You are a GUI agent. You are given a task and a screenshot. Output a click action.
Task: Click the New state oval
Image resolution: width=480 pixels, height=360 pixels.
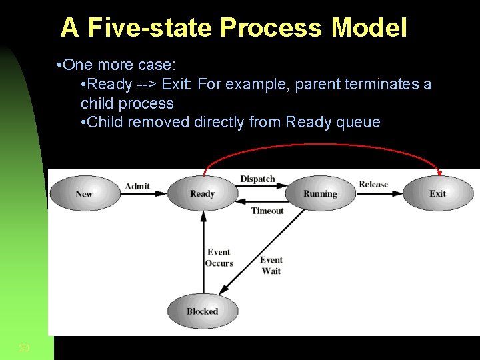[85, 193]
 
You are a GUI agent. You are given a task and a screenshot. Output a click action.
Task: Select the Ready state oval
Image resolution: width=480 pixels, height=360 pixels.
[202, 193]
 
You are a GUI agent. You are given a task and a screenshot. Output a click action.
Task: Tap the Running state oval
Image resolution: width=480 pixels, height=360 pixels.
[320, 193]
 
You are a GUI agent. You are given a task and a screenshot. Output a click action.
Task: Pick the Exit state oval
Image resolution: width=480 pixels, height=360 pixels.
[438, 193]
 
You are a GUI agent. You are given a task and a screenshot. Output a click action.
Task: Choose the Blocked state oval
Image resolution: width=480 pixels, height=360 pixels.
[202, 311]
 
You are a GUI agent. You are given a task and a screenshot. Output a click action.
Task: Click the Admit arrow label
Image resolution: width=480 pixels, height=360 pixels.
[137, 186]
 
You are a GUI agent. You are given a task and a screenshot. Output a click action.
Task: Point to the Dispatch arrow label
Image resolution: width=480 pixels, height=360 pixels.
[257, 179]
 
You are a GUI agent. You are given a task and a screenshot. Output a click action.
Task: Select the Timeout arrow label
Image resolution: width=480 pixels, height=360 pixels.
[267, 211]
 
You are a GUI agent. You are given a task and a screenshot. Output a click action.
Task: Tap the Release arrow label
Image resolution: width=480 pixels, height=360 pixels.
[373, 185]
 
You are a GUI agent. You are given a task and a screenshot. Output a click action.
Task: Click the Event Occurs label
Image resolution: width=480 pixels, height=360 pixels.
[219, 258]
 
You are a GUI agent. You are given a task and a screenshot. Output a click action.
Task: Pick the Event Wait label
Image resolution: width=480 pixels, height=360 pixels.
[271, 265]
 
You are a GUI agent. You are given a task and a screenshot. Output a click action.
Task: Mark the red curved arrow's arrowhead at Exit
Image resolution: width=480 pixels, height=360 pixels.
[439, 173]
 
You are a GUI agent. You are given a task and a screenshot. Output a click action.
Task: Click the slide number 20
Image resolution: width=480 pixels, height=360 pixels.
[24, 347]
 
